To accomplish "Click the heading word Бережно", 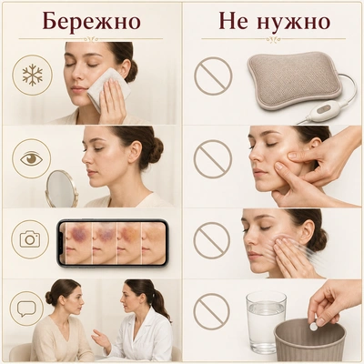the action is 91,22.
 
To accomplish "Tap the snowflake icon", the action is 32,75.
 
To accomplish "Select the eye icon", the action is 31,158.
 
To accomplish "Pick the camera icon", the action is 30,238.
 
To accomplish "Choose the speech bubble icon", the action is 26,308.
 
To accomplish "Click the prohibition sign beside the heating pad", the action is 213,76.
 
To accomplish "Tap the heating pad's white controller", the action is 324,111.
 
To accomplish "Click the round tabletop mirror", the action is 62,188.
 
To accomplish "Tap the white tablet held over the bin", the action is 314,327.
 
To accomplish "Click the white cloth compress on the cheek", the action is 109,88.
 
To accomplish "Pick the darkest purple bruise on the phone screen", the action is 78,234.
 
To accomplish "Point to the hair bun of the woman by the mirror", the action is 157,149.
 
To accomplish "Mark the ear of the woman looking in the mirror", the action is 134,151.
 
